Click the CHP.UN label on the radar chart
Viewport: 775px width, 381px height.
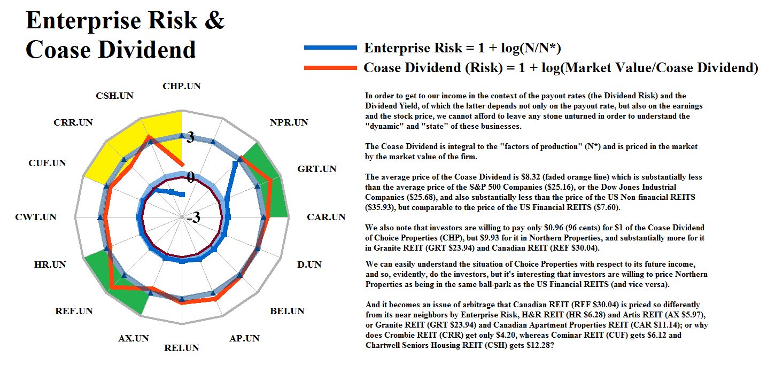coord(182,85)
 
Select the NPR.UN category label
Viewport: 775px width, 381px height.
coord(289,122)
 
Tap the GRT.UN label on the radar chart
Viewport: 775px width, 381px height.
coord(317,169)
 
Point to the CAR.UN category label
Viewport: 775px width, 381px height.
coord(326,217)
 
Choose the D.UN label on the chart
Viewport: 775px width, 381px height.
coord(309,265)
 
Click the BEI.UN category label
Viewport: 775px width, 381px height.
coord(287,311)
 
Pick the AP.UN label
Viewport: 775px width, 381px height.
coord(244,338)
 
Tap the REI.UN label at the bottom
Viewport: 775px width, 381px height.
coord(182,348)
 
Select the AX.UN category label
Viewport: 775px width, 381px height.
coord(134,338)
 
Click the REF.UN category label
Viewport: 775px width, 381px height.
coord(74,311)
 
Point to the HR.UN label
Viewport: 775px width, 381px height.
coord(50,265)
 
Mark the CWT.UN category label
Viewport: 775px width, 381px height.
coord(36,217)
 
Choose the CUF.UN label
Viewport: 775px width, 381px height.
coord(48,162)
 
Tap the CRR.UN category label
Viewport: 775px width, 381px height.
coord(73,122)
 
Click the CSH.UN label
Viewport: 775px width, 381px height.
coord(115,96)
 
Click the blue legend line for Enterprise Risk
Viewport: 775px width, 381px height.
coord(330,48)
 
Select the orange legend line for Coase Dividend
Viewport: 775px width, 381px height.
coord(330,68)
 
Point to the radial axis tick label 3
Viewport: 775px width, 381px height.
coord(190,137)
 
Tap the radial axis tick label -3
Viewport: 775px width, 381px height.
coord(193,218)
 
